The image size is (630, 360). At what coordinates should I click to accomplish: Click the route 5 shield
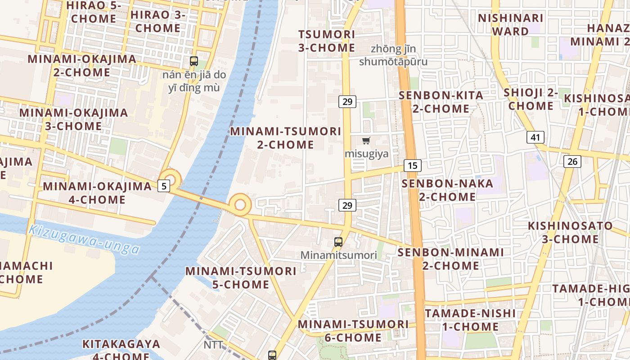(164, 185)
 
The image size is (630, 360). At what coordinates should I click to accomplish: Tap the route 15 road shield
(412, 166)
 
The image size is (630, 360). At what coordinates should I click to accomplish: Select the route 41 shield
(535, 137)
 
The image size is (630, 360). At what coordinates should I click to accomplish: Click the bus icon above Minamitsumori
(338, 242)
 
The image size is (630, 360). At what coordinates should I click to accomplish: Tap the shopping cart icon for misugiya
(366, 140)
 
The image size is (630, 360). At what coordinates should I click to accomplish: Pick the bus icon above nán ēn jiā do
(194, 61)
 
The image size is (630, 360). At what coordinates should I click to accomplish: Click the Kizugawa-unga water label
(84, 239)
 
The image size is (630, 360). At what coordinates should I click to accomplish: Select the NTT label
(213, 345)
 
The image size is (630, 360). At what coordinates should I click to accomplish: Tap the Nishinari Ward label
(510, 25)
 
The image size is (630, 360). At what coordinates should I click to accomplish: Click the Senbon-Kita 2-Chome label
(441, 102)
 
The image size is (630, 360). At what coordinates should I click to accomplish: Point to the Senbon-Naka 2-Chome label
(447, 190)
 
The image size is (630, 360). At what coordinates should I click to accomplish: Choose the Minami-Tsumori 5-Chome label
(241, 278)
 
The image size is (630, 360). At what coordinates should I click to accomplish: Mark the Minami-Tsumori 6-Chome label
(353, 331)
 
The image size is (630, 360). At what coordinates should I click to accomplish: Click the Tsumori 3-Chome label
(327, 41)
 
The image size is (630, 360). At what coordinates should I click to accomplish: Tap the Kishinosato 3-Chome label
(570, 232)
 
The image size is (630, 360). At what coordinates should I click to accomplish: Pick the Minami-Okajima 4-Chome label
(97, 193)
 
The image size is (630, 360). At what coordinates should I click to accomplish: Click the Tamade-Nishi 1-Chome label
(470, 319)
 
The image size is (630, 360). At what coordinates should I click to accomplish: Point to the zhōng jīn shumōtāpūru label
(393, 55)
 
